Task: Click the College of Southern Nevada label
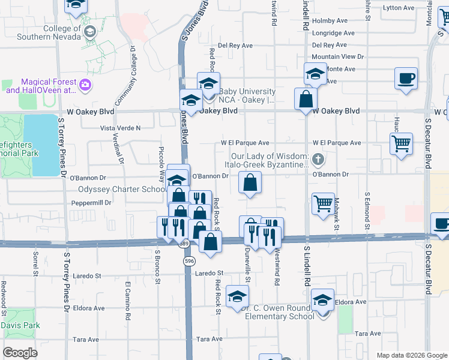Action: click(45, 32)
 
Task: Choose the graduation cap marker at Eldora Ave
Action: click(323, 299)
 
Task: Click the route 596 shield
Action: click(190, 262)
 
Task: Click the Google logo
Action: click(20, 353)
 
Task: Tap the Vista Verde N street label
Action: click(119, 128)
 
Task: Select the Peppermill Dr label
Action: click(91, 203)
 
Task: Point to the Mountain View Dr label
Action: click(338, 56)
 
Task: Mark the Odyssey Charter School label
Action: click(122, 190)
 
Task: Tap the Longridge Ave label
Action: click(334, 33)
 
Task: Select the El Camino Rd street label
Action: click(128, 299)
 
